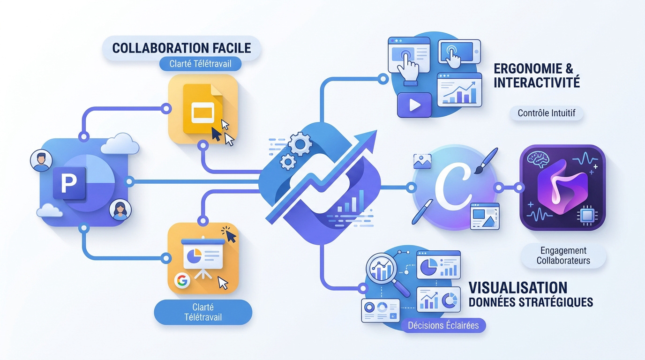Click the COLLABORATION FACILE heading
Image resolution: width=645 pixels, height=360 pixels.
pyautogui.click(x=181, y=48)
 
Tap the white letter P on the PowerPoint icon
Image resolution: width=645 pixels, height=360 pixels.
pyautogui.click(x=69, y=183)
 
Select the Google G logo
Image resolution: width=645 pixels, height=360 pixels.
pyautogui.click(x=182, y=280)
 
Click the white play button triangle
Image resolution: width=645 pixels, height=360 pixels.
pyautogui.click(x=415, y=105)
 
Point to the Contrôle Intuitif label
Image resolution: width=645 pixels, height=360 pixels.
pyautogui.click(x=546, y=113)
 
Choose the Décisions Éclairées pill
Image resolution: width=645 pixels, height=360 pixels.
pyautogui.click(x=443, y=325)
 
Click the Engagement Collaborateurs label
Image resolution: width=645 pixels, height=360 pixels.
pyautogui.click(x=563, y=255)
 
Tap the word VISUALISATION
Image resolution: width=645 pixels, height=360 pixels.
pyautogui.click(x=518, y=288)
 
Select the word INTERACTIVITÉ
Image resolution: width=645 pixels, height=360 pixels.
pyautogui.click(x=537, y=82)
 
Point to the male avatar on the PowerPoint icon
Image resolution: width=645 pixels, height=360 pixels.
pyautogui.click(x=41, y=161)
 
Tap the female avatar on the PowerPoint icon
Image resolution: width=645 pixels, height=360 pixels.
pyautogui.click(x=120, y=210)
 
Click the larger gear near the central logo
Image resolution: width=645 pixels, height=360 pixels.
pyautogui.click(x=300, y=144)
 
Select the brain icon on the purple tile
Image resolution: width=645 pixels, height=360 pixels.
pyautogui.click(x=538, y=159)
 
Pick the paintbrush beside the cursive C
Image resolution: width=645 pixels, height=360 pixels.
pyautogui.click(x=487, y=161)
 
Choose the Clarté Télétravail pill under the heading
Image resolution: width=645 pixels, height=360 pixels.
pyautogui.click(x=201, y=64)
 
